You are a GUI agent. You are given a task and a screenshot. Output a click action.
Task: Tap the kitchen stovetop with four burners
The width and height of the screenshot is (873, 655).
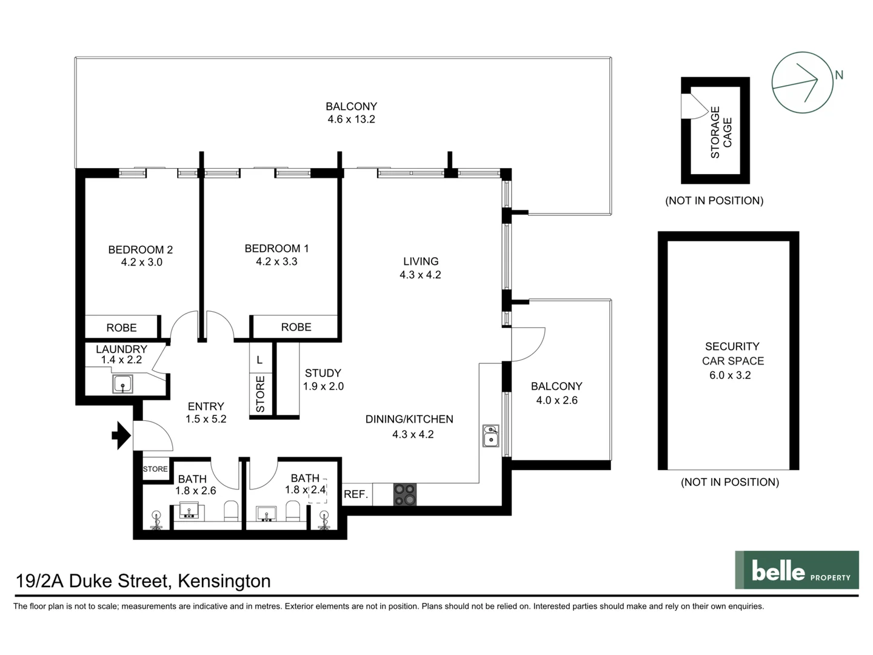pos(405,494)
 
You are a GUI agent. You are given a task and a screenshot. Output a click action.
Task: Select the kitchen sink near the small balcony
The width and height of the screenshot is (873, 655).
pos(490,436)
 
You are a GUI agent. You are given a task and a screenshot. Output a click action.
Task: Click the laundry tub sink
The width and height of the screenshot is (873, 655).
pos(122,384)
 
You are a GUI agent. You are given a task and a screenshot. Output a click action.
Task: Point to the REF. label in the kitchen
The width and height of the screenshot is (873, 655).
pos(356,494)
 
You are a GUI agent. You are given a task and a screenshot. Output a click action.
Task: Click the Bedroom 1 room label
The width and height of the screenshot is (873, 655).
pos(276,249)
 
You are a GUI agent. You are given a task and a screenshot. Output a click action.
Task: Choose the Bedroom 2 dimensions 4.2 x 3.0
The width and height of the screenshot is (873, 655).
pos(141,263)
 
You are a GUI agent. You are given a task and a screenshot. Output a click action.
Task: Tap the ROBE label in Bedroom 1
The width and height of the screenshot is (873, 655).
pos(296,327)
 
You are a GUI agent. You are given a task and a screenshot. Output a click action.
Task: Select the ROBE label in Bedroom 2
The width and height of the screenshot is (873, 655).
pos(121,327)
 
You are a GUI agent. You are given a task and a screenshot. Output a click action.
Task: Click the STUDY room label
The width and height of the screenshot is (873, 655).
pos(323,373)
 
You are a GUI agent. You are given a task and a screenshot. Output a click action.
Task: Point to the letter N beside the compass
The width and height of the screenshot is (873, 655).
pos(839,75)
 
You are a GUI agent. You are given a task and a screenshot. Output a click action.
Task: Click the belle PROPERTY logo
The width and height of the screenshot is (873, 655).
pos(797,570)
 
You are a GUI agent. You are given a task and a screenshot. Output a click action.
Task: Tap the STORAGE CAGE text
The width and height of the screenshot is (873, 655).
pos(721,132)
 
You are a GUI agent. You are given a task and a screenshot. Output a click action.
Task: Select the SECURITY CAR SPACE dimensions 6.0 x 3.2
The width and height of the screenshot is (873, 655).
pos(730,375)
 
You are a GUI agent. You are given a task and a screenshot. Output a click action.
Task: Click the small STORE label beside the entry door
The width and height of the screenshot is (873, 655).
pos(155,469)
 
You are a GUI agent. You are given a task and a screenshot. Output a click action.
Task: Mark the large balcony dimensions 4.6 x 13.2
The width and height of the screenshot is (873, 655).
pos(351,119)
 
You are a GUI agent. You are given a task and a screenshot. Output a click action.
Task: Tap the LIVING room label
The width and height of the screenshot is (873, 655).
pos(421,261)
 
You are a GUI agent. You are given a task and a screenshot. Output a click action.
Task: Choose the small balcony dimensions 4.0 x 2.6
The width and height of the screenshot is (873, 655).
pos(557,400)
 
